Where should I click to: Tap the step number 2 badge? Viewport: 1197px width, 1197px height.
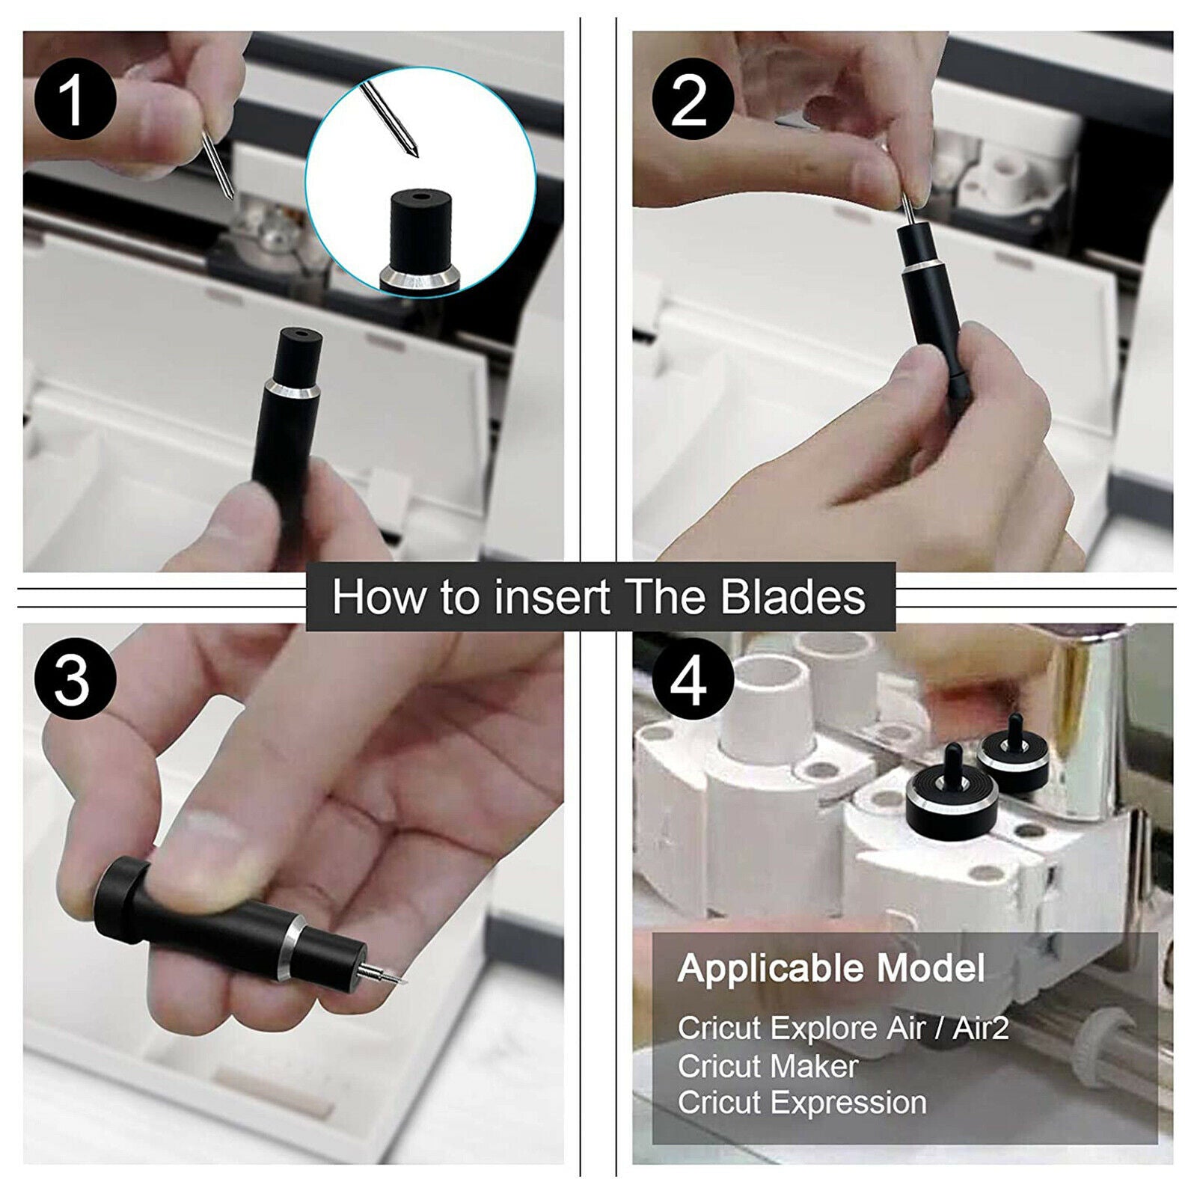click(x=690, y=99)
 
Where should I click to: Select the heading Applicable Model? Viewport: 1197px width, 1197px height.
click(x=831, y=970)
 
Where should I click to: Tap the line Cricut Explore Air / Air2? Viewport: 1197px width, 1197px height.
click(x=843, y=1028)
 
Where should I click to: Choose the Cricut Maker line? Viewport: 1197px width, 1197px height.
click(x=768, y=1065)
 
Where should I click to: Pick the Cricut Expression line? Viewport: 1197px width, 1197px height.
click(x=802, y=1103)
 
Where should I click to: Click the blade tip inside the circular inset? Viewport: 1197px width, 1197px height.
click(x=412, y=150)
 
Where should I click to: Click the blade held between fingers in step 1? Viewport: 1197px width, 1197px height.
click(x=218, y=165)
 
